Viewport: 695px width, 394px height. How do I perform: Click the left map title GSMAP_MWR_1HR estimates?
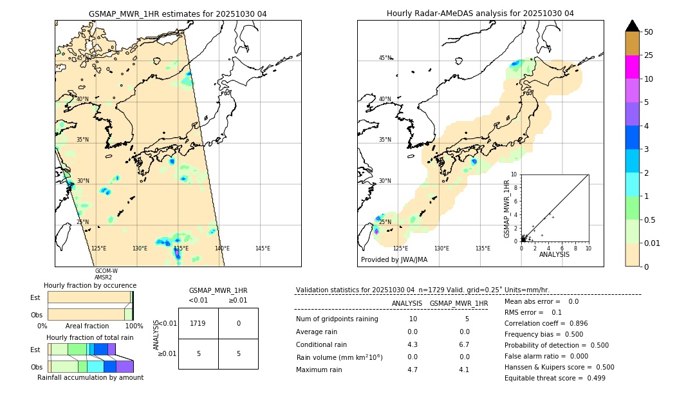[x=178, y=14]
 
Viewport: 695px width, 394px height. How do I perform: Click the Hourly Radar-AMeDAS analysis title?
[x=480, y=14]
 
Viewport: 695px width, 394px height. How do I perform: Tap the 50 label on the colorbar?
[x=649, y=32]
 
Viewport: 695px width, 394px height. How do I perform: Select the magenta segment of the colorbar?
[x=632, y=67]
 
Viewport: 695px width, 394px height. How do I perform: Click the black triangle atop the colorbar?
[x=632, y=26]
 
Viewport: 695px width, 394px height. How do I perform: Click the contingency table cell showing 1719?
[x=198, y=323]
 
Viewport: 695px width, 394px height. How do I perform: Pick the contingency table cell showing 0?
[x=238, y=323]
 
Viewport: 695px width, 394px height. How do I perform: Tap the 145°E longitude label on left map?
[x=263, y=249]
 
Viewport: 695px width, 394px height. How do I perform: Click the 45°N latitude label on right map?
[x=385, y=58]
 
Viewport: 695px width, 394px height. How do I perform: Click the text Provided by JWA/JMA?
[x=394, y=259]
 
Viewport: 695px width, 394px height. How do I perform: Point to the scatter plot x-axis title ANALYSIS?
[x=554, y=254]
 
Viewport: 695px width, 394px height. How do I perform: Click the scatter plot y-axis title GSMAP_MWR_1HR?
[x=506, y=208]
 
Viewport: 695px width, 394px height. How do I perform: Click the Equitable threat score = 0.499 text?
[x=555, y=378]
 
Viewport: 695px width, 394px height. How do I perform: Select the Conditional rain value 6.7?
[x=463, y=344]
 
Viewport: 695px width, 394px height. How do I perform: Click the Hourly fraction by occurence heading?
[x=90, y=285]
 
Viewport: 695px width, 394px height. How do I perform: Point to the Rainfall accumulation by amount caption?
[x=90, y=377]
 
